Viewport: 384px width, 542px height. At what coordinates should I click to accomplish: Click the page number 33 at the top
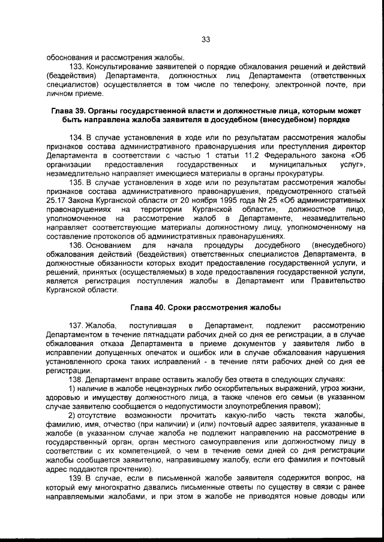pos(205,40)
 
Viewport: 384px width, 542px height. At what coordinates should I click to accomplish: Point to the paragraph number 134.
pos(78,138)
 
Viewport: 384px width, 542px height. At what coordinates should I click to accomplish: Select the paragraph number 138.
pos(78,379)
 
